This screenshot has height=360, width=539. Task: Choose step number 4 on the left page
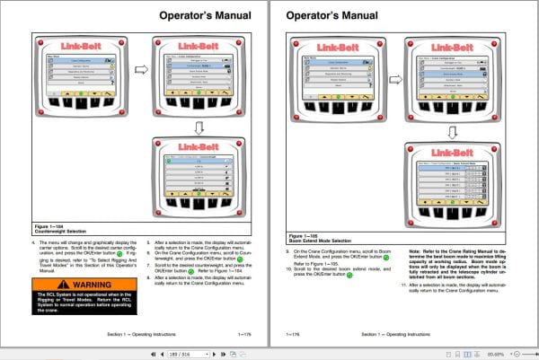tap(33, 242)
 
